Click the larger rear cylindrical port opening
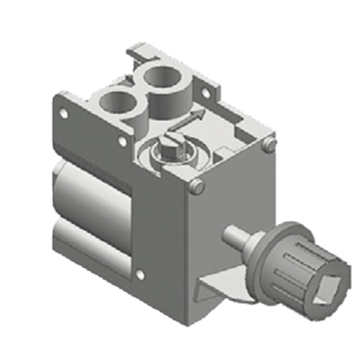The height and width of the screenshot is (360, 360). pos(165,76)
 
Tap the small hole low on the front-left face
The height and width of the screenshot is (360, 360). pos(134,276)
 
